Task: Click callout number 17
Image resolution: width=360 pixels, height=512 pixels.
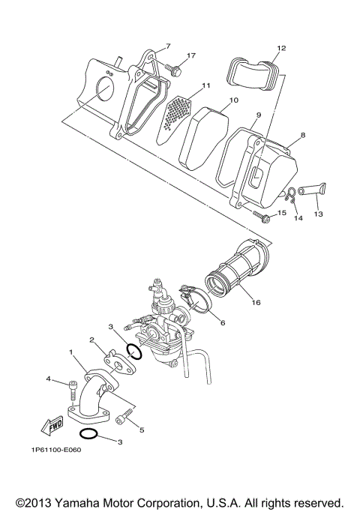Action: point(191,55)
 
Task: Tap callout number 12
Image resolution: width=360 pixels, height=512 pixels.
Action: point(280,49)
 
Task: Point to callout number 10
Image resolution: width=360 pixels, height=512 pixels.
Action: point(233,100)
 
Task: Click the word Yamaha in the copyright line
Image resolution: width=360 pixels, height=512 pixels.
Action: point(85,501)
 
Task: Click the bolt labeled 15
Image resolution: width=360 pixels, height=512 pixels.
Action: point(262,217)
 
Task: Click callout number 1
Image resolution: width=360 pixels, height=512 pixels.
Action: point(71,351)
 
